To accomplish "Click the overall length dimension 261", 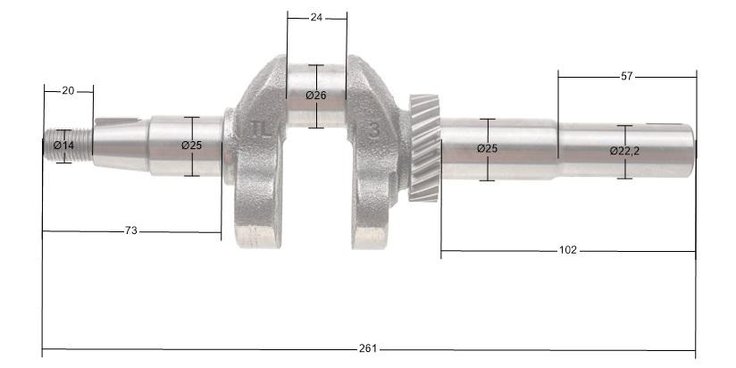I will pos(368,347).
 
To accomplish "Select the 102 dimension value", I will pos(567,250).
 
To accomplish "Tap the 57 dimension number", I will pos(626,77).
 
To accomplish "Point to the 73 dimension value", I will pos(130,231).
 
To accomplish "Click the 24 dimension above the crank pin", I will pos(316,16).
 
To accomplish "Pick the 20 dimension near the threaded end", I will pos(68,90).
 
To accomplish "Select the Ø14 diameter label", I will pos(63,145).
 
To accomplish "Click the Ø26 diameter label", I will pos(316,96).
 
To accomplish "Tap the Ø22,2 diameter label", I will pos(624,151).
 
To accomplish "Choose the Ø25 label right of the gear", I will pos(487,148).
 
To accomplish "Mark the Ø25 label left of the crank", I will pos(191,145).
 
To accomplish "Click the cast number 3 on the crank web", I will pos(374,130).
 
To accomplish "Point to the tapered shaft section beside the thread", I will pos(121,143).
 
